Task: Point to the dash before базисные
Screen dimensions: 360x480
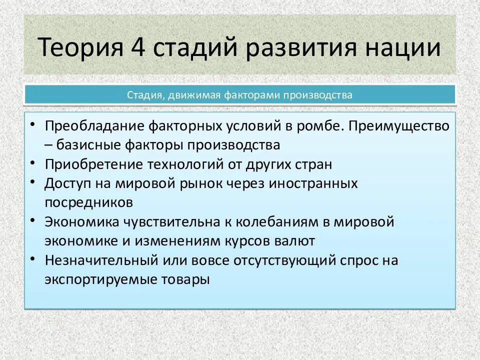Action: [48, 145]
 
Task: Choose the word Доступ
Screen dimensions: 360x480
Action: [64, 183]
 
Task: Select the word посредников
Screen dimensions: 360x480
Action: [89, 202]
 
